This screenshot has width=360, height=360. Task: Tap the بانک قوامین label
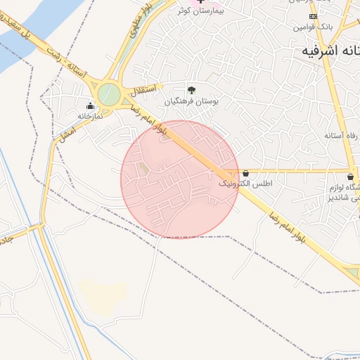tap(312, 27)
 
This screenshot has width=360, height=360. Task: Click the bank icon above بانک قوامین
tap(313, 16)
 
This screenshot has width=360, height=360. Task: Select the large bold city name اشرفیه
tap(330, 51)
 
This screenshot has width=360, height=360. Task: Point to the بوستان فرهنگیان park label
tap(192, 101)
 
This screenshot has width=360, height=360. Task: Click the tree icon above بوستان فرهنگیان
tap(191, 89)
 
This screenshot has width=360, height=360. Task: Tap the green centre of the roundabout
tap(108, 94)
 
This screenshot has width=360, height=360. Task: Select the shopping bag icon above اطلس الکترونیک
tap(245, 173)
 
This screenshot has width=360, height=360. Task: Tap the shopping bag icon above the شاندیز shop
tap(351, 176)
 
